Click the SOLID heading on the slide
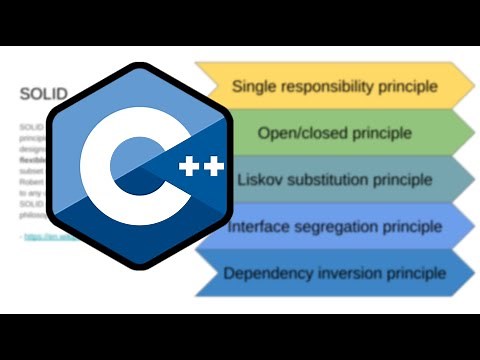point(43,95)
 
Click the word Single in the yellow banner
point(253,86)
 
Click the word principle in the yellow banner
point(412,86)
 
